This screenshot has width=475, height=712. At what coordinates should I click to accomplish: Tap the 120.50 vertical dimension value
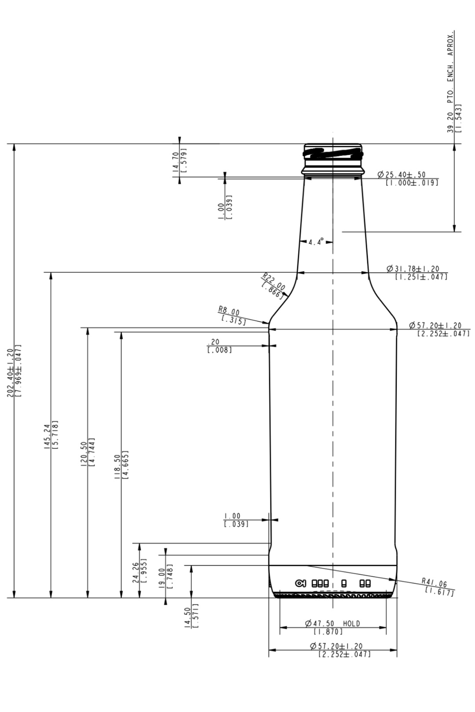click(x=84, y=454)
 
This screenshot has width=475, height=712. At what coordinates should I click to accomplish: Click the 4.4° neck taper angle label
click(x=316, y=242)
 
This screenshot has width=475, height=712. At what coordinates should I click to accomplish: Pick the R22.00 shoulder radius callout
click(x=274, y=281)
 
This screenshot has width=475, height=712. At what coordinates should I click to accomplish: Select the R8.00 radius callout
click(x=229, y=311)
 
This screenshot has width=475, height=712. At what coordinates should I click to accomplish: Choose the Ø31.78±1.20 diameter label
click(x=413, y=269)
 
